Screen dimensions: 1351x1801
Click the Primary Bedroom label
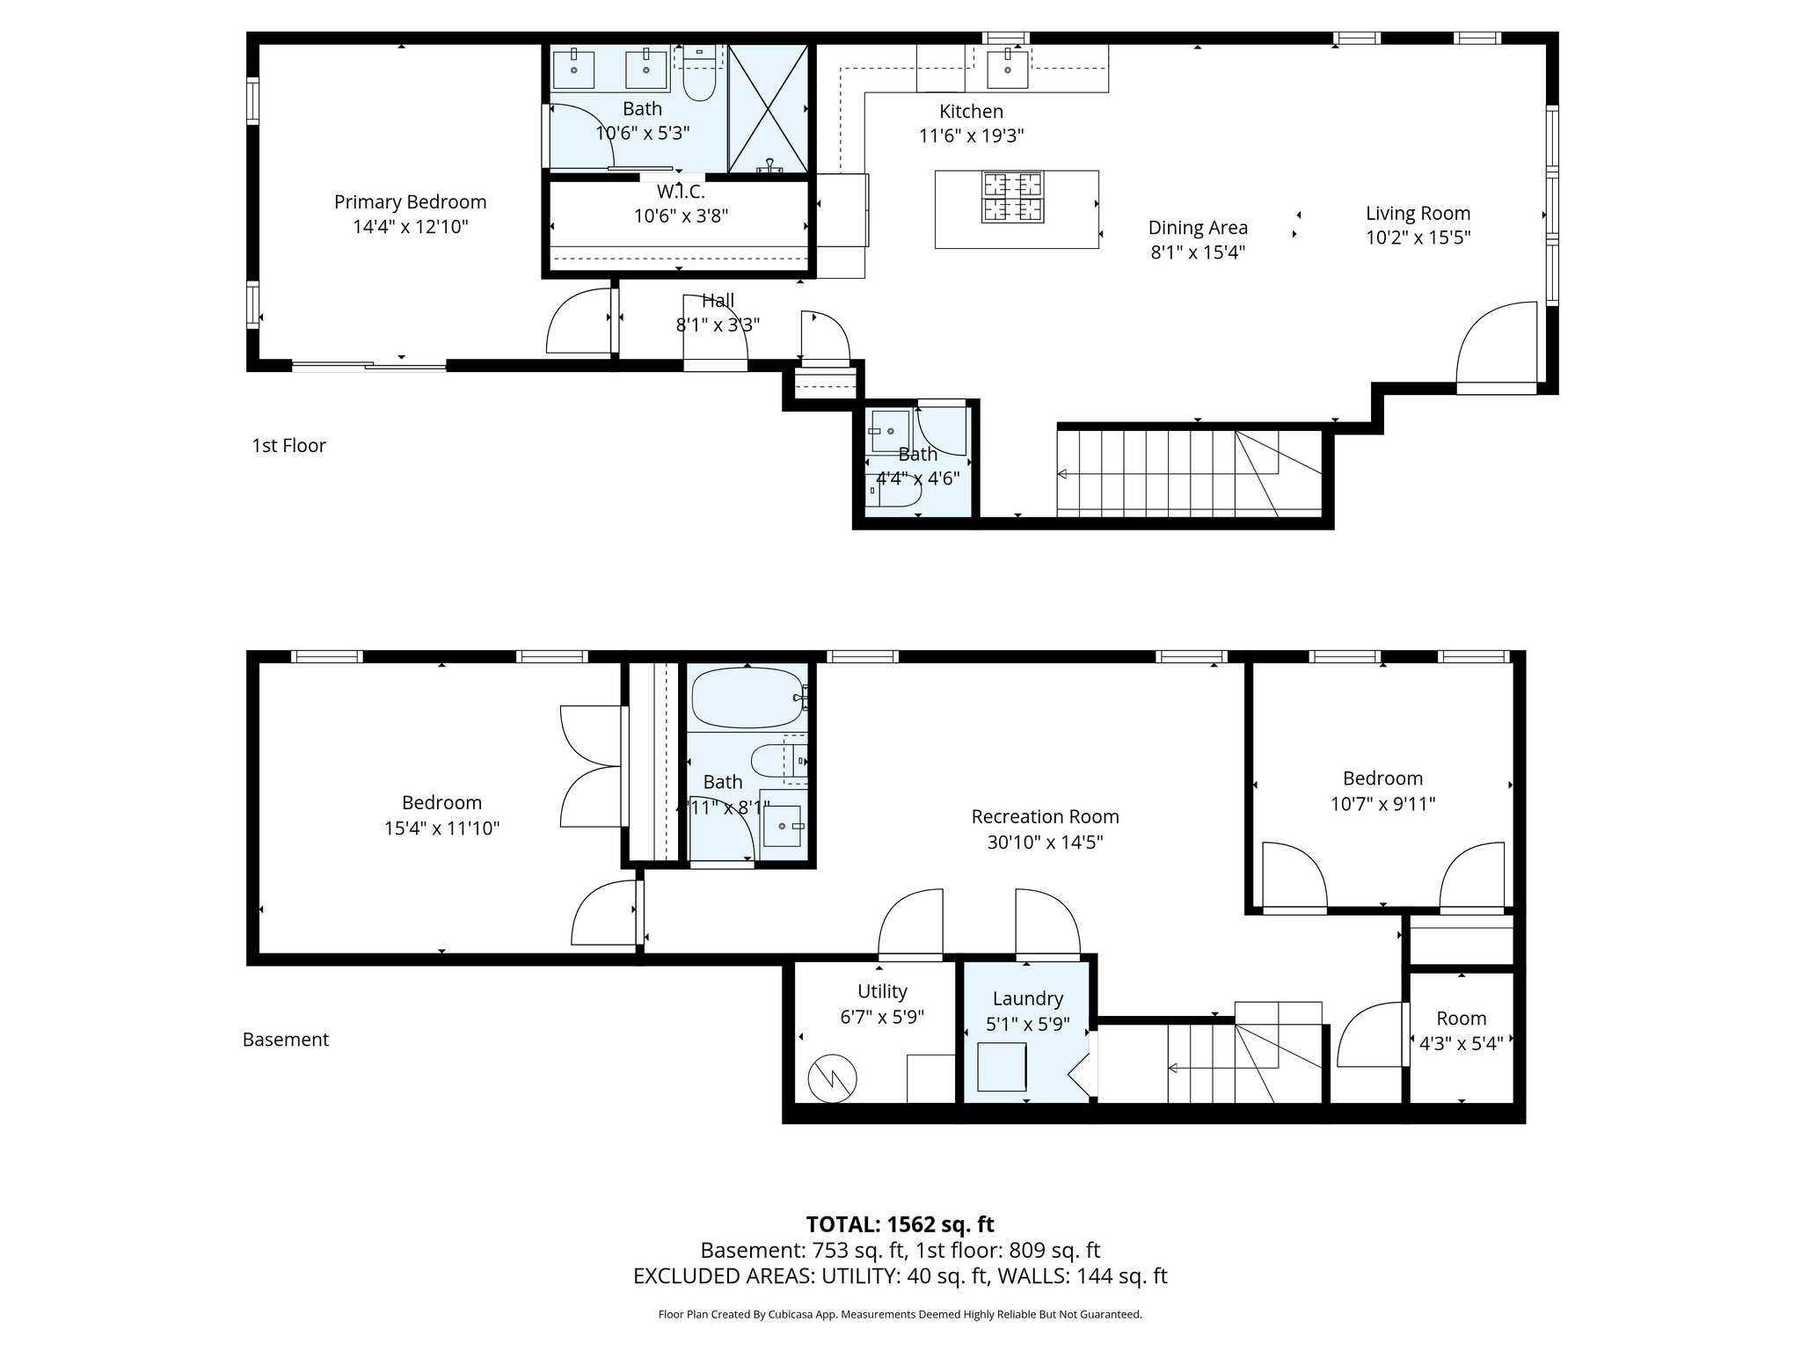pos(410,202)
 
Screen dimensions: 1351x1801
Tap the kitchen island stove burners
pos(1012,197)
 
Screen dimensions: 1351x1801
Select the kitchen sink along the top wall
pos(1008,69)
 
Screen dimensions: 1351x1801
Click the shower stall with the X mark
pos(769,109)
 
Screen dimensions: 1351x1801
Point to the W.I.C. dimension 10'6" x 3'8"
pos(681,215)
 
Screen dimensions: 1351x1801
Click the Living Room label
pos(1418,213)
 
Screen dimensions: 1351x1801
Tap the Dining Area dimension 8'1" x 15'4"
pos(1198,252)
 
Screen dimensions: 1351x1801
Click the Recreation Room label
pos(1045,816)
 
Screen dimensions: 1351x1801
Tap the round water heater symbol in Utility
pos(832,1077)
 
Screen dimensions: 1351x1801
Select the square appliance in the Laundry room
pos(1002,1067)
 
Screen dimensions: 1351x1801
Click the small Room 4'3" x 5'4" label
pos(1461,1019)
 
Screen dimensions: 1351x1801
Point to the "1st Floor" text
pos(288,446)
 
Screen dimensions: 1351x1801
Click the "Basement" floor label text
pos(286,1040)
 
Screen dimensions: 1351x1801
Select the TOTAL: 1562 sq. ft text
pos(900,1224)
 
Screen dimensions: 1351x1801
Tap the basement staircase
pos(1231,1064)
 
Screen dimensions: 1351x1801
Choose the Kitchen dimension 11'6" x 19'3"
pos(971,136)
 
